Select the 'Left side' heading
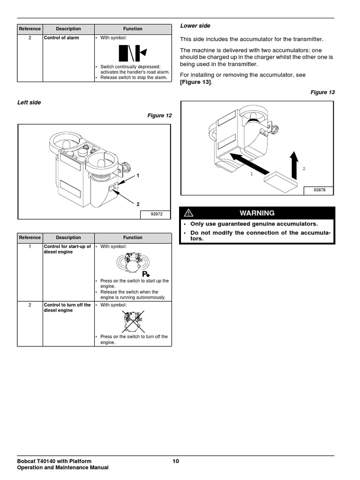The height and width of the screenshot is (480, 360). pos(29,103)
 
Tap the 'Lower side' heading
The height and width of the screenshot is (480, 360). pos(195,26)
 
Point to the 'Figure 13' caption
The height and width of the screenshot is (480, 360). pos(322,92)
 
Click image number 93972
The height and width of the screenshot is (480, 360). pos(156,214)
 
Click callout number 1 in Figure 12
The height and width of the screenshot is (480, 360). pos(138,175)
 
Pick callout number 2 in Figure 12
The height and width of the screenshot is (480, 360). pos(138,204)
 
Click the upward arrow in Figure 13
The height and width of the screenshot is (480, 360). pos(294,164)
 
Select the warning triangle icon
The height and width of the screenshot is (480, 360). pos(187,213)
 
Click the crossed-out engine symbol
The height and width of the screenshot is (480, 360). pos(133,321)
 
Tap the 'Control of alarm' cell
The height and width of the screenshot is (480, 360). pos(61,37)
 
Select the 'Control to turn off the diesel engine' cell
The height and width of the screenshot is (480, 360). pos(67,307)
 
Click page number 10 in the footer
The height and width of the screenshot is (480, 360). pos(176,461)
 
